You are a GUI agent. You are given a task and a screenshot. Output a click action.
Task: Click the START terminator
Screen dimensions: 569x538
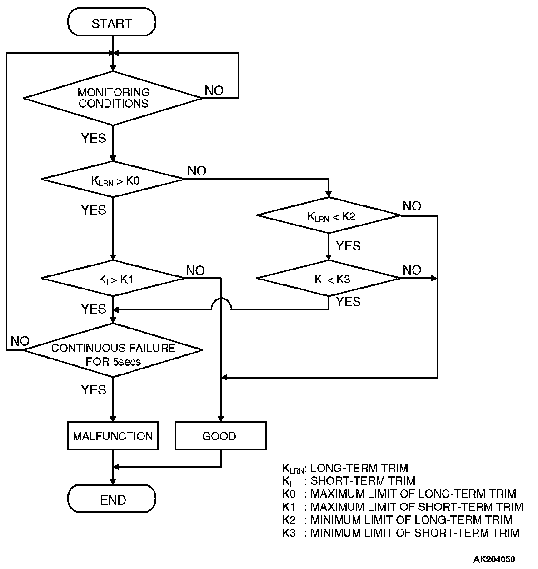tap(111, 23)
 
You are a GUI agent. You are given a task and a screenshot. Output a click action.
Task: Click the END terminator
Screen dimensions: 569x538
tap(112, 500)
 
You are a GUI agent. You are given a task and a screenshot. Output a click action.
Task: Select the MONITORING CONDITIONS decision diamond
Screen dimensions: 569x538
tap(113, 98)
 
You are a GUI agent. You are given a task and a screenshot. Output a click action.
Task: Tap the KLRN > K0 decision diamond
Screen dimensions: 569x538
tap(113, 179)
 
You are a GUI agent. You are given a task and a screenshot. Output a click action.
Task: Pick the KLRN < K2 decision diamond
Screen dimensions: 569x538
tap(329, 215)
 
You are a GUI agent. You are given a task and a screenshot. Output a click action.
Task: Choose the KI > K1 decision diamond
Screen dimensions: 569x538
tap(113, 278)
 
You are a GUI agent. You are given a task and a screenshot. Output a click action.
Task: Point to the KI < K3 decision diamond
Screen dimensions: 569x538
tap(329, 278)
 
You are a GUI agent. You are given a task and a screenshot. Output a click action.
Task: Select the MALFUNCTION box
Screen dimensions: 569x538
tap(113, 436)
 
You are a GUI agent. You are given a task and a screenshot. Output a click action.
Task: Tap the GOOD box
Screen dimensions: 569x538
tap(220, 436)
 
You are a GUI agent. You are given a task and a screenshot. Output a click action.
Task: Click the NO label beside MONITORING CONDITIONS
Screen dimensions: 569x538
tap(214, 90)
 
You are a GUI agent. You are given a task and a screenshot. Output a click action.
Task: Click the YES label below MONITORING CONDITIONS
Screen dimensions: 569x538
tap(93, 138)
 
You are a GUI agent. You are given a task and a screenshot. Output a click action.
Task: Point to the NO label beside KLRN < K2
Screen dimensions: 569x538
tap(412, 206)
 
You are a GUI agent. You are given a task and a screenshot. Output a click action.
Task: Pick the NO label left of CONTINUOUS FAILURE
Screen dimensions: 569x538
tap(20, 341)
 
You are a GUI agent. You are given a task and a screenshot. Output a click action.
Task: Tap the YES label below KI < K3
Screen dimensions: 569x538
tap(348, 302)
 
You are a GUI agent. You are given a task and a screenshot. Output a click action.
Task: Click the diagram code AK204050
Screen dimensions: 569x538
tap(494, 559)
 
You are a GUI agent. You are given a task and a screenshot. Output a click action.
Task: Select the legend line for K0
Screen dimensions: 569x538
tap(399, 494)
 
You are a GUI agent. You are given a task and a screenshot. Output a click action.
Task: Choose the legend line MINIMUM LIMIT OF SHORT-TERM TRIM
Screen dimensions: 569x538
tap(400, 533)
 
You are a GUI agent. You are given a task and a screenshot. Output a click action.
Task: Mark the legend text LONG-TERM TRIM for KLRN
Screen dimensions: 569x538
tap(359, 468)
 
